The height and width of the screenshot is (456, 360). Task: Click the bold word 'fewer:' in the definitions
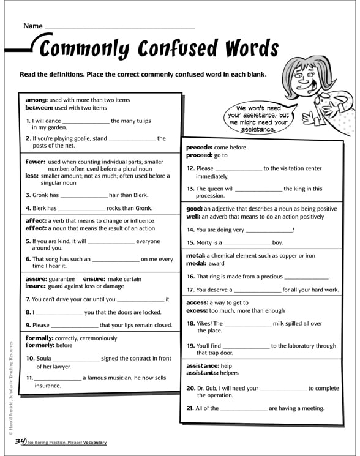[36, 162]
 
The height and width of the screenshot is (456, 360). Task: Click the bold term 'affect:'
[36, 220]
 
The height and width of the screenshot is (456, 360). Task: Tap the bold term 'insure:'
[36, 286]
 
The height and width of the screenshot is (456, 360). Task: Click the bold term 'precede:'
[200, 148]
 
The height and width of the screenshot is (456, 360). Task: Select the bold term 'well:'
[193, 217]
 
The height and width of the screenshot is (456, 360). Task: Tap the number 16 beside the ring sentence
[190, 277]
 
